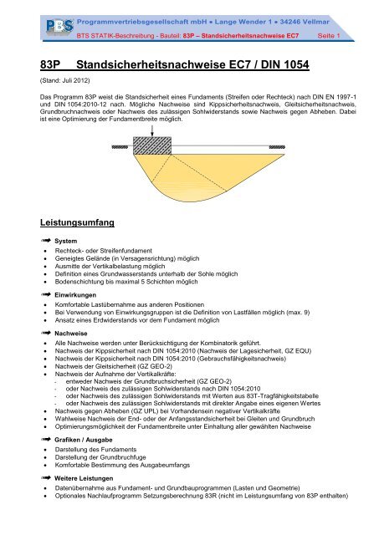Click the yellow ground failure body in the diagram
192,171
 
